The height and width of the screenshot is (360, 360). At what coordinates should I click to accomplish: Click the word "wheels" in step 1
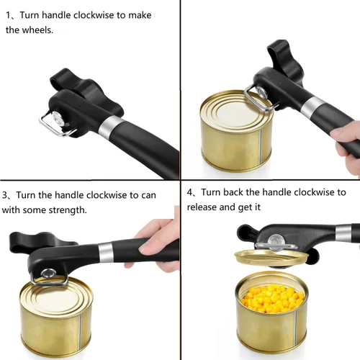37,30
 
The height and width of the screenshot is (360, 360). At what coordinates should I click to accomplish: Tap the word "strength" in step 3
68,210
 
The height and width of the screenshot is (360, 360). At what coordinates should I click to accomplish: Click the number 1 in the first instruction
8,15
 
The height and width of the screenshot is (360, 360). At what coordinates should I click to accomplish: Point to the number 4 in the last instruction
190,192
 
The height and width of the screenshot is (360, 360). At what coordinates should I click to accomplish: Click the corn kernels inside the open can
273,298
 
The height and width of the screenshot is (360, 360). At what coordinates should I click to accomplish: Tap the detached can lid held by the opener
271,258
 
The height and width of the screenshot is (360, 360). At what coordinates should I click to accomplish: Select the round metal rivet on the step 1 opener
58,117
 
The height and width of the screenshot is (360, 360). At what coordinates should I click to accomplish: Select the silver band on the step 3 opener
106,253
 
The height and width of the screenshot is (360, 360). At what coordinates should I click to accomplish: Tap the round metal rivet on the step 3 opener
48,274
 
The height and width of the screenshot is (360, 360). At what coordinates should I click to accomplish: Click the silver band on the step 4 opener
343,233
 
